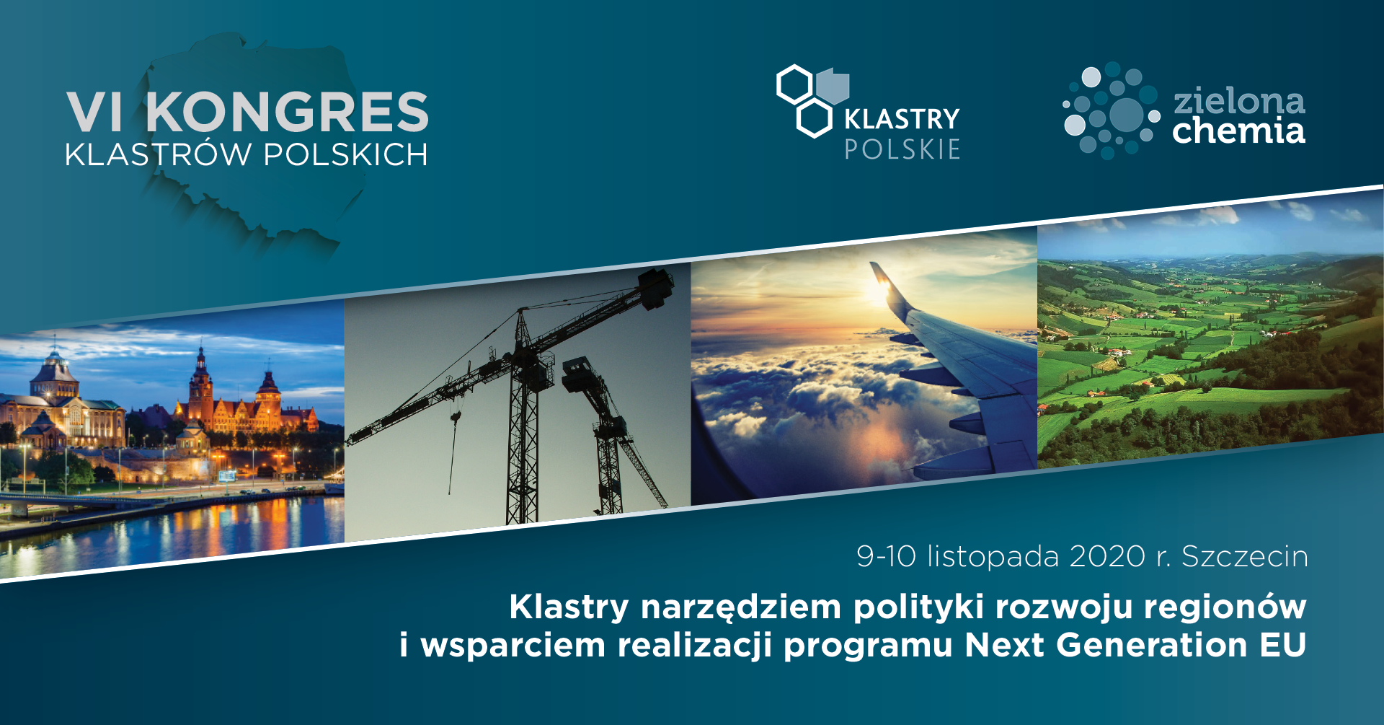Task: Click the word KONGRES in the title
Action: point(288,112)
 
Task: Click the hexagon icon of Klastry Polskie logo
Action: point(812,101)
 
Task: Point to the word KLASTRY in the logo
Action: point(902,119)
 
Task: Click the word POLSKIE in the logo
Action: point(902,149)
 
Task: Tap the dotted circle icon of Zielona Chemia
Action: point(1111,110)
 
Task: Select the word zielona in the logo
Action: point(1239,102)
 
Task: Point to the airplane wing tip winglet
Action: point(881,276)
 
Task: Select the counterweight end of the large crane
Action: point(655,288)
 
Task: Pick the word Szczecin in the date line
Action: point(1245,557)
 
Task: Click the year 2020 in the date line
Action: point(1107,557)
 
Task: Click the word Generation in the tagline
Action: point(1152,645)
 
